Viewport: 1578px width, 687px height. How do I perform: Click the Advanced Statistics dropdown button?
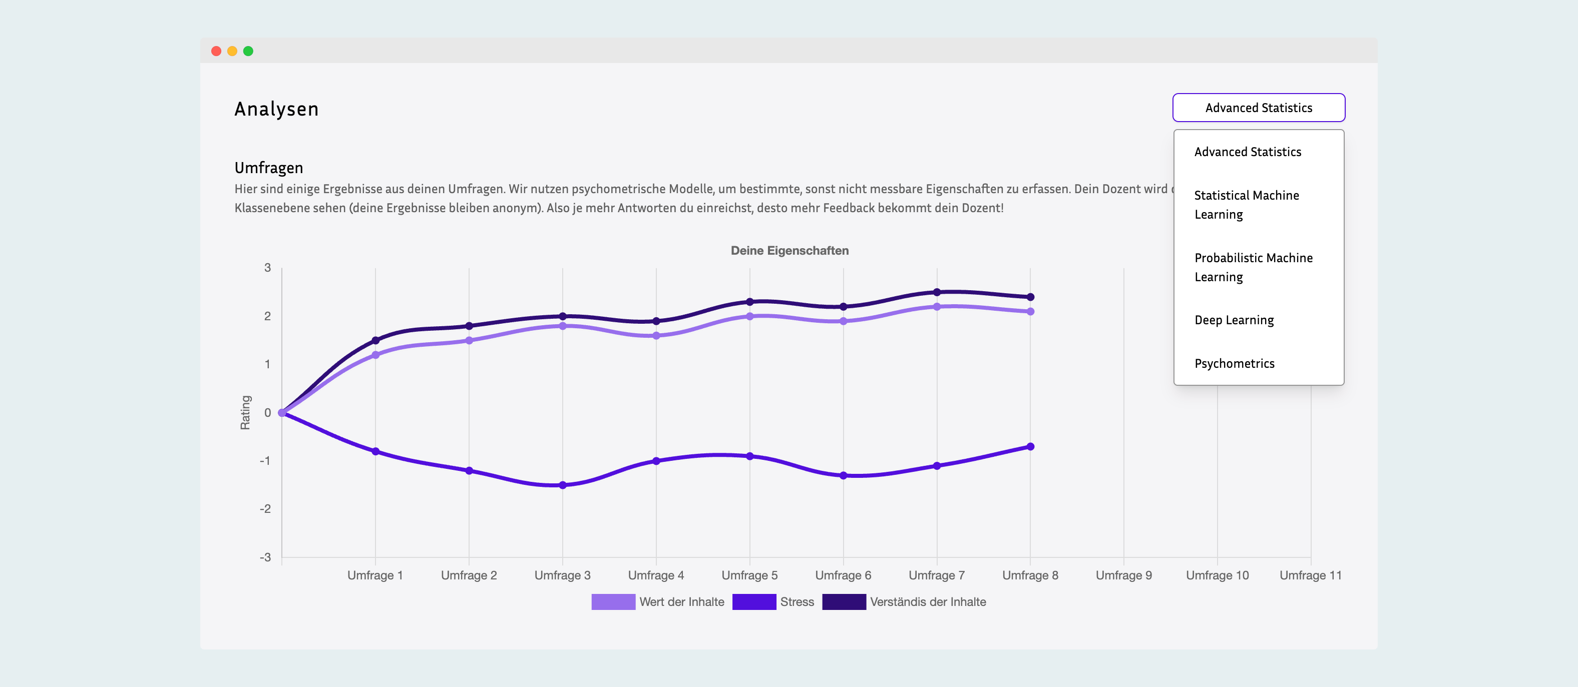(1258, 108)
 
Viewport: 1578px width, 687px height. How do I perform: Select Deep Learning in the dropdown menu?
(1234, 320)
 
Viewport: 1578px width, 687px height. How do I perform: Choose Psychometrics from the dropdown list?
(1234, 364)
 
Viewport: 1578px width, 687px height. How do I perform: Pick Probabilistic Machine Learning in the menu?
(1253, 267)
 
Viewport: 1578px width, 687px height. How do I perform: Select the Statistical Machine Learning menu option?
(1246, 205)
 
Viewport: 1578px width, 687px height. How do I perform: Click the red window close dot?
(216, 51)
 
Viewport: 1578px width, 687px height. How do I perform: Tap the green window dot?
(248, 51)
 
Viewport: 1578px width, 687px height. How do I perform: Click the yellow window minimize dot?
(232, 51)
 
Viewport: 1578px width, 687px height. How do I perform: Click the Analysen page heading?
(276, 109)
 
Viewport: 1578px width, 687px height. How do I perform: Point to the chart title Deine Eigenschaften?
(789, 250)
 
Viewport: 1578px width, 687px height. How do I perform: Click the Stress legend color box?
(753, 602)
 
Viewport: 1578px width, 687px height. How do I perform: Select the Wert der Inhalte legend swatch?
(613, 602)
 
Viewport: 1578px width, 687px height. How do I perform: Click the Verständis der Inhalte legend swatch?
(844, 602)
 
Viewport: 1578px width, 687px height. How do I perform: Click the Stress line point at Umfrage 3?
(562, 485)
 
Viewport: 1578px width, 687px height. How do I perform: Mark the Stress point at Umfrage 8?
(1030, 446)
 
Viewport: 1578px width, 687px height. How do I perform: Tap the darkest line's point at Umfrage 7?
(936, 292)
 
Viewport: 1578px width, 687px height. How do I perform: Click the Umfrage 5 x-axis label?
(749, 575)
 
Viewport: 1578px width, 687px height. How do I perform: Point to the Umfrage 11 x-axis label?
(1310, 575)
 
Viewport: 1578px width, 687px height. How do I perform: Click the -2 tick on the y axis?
(265, 509)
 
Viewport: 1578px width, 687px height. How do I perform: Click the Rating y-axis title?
(245, 412)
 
